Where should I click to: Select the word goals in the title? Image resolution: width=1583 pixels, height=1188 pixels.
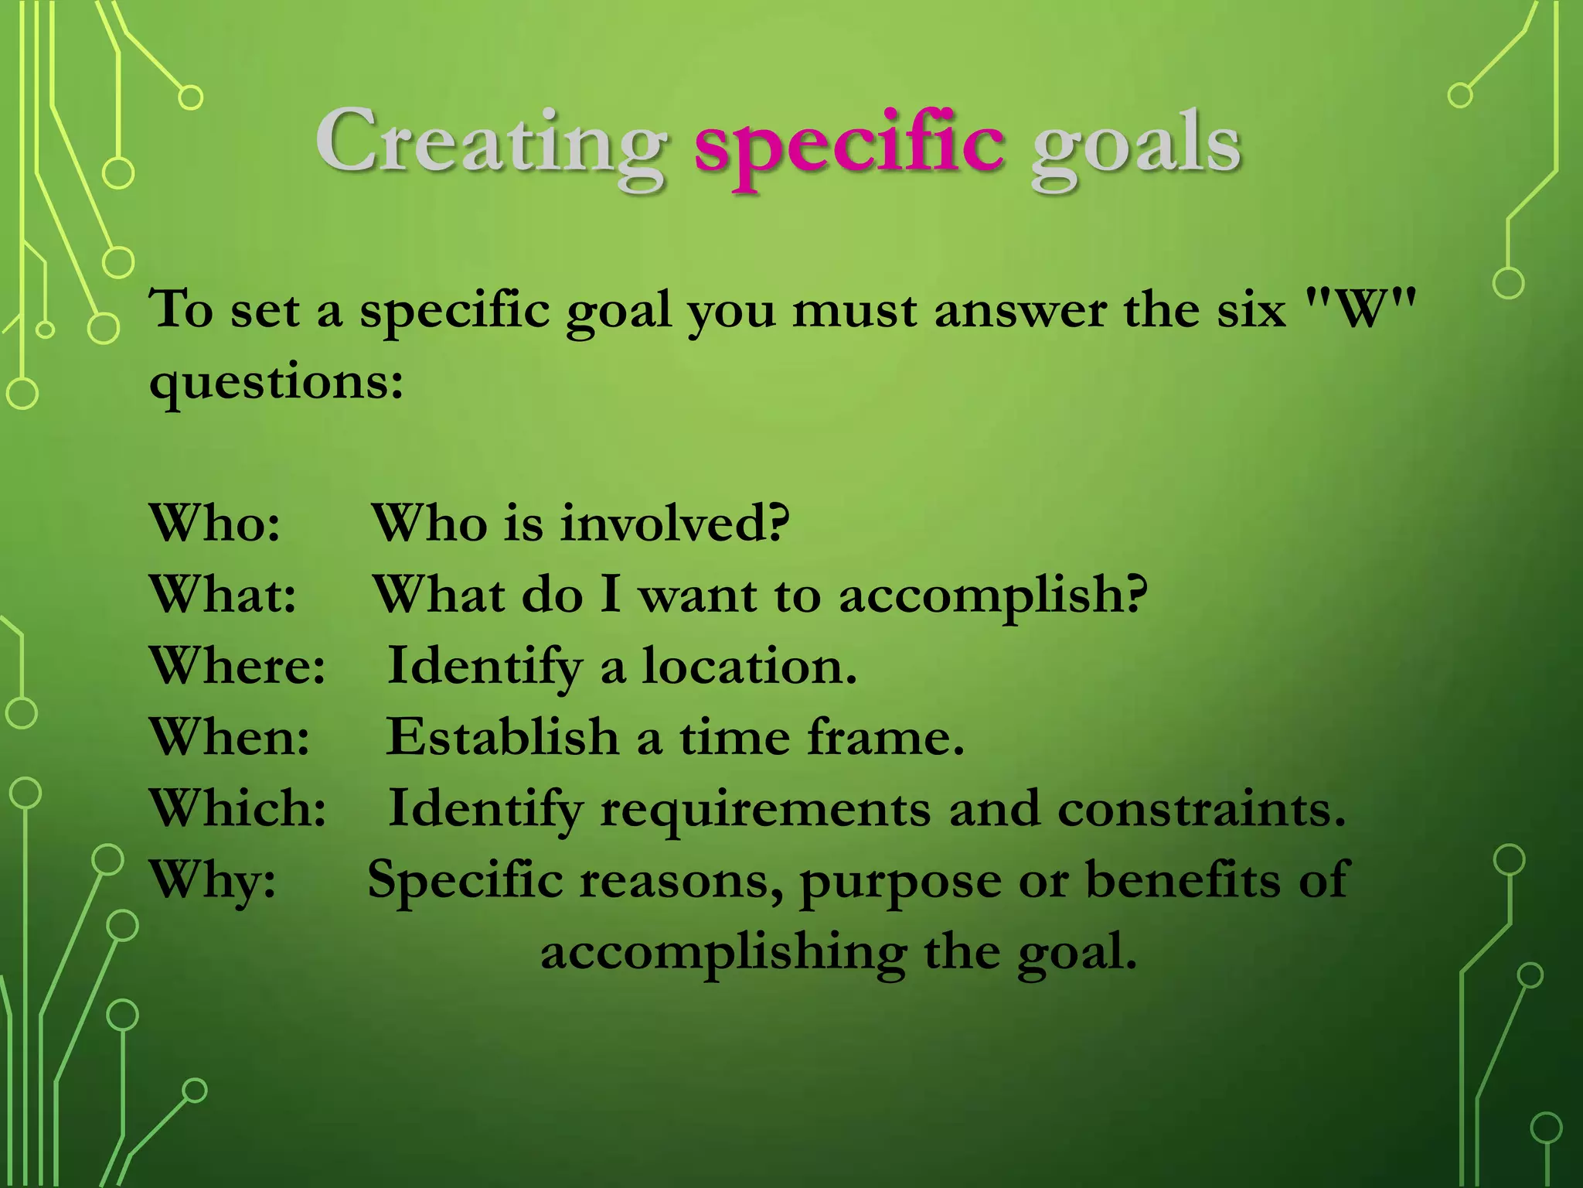click(1135, 147)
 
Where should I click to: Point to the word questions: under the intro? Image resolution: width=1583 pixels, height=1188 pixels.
click(276, 383)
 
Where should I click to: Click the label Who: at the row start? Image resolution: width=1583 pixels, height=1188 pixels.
click(215, 523)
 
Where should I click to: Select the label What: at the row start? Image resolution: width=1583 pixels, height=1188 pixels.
click(223, 595)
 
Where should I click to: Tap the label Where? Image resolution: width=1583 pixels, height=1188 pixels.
click(237, 666)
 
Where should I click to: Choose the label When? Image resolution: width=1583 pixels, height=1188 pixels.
click(230, 737)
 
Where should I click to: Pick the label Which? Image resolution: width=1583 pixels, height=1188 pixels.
click(237, 808)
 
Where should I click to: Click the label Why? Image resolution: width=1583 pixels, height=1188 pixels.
click(213, 880)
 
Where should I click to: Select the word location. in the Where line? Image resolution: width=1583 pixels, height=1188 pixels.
click(749, 666)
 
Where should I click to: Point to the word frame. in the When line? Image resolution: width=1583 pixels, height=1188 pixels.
click(886, 737)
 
